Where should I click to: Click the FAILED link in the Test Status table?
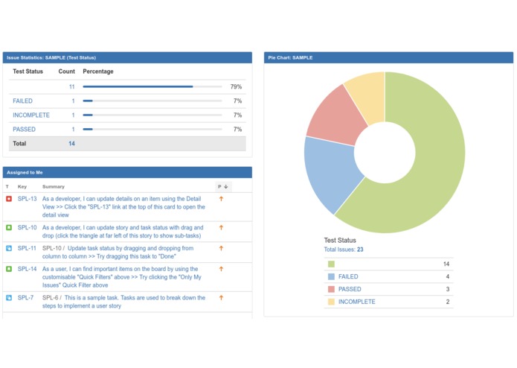tap(22, 101)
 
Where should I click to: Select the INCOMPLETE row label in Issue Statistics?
tap(31, 115)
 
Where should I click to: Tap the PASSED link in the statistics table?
tap(24, 129)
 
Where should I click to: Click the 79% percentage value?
tap(236, 87)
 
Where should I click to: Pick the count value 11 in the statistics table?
tap(71, 87)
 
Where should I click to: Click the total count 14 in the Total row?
tap(71, 143)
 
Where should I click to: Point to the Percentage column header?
tap(98, 72)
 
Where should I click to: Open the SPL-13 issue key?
tap(27, 199)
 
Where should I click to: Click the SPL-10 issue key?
tap(27, 227)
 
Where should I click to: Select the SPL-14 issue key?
tap(27, 269)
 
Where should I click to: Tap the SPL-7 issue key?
tap(25, 297)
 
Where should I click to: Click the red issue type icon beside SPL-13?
tap(8, 199)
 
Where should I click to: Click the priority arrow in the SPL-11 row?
tap(220, 248)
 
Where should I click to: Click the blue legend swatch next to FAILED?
tap(330, 276)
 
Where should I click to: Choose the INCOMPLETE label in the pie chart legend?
tap(356, 302)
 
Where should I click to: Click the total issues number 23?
tap(360, 250)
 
